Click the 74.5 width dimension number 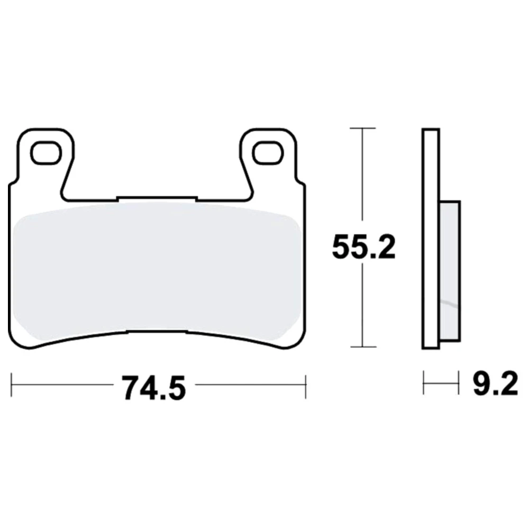coord(153,388)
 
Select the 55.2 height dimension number coord(363,247)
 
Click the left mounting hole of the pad coord(46,153)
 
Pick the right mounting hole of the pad coord(268,153)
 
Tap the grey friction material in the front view coord(157,270)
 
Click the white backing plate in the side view coord(431,239)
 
